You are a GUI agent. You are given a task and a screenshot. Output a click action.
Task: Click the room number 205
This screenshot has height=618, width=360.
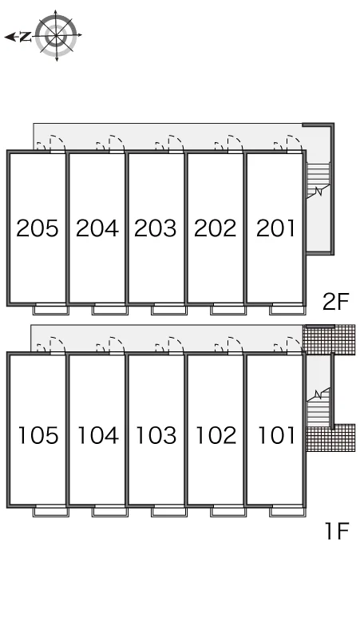tap(38, 228)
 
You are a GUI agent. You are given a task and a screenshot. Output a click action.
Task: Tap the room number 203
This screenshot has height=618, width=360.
tap(155, 228)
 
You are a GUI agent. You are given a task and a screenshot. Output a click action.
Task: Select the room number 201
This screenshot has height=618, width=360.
tap(275, 228)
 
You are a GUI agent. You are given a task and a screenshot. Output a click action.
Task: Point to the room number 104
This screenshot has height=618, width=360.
tap(97, 435)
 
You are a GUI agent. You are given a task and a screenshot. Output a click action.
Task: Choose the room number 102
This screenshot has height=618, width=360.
tap(216, 435)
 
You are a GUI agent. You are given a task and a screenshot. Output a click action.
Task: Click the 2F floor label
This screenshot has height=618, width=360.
tap(336, 302)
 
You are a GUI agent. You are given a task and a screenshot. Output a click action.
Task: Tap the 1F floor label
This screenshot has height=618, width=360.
tap(337, 530)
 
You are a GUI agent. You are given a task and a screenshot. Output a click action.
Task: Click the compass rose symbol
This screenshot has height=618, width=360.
tap(57, 35)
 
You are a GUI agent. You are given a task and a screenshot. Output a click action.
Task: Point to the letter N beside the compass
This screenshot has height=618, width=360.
tap(26, 37)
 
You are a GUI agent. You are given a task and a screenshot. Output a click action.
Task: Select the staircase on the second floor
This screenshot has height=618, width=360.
tap(318, 180)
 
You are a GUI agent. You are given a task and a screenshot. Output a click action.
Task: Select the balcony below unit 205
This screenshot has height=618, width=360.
tap(51, 309)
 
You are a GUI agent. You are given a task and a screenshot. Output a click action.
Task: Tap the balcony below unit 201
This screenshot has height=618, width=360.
tap(287, 309)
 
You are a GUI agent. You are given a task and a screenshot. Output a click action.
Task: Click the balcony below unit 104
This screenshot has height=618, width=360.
tap(110, 511)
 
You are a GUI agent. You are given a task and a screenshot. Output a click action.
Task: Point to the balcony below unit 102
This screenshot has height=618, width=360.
tap(228, 511)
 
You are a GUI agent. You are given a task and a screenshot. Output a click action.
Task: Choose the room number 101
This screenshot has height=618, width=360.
tap(276, 435)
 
